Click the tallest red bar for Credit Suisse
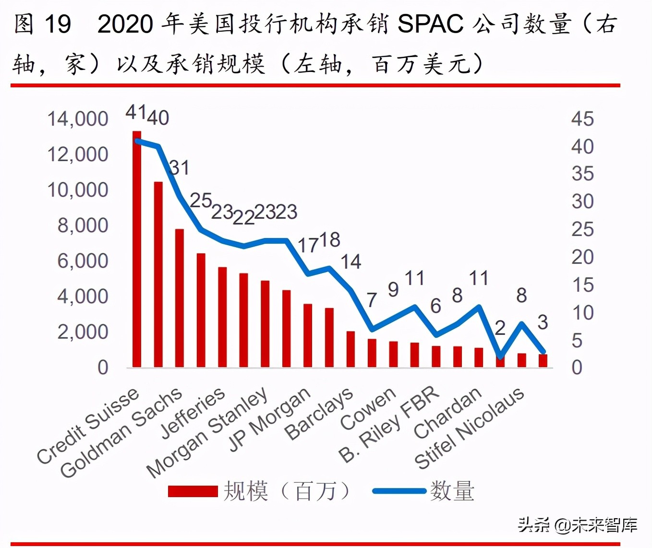click(x=137, y=250)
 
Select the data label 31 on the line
click(x=180, y=168)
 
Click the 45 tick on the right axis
click(x=582, y=119)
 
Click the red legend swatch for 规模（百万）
click(x=193, y=491)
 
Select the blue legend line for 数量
click(x=399, y=491)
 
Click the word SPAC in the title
click(x=431, y=24)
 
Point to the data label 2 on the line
click(x=500, y=328)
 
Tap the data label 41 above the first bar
click(x=136, y=112)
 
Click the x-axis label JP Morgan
click(x=269, y=419)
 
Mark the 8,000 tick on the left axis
click(x=83, y=225)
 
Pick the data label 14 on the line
click(x=351, y=262)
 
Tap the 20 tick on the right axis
click(x=582, y=257)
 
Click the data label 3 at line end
click(x=543, y=322)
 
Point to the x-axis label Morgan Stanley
click(x=207, y=432)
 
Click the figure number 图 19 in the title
click(x=42, y=24)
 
